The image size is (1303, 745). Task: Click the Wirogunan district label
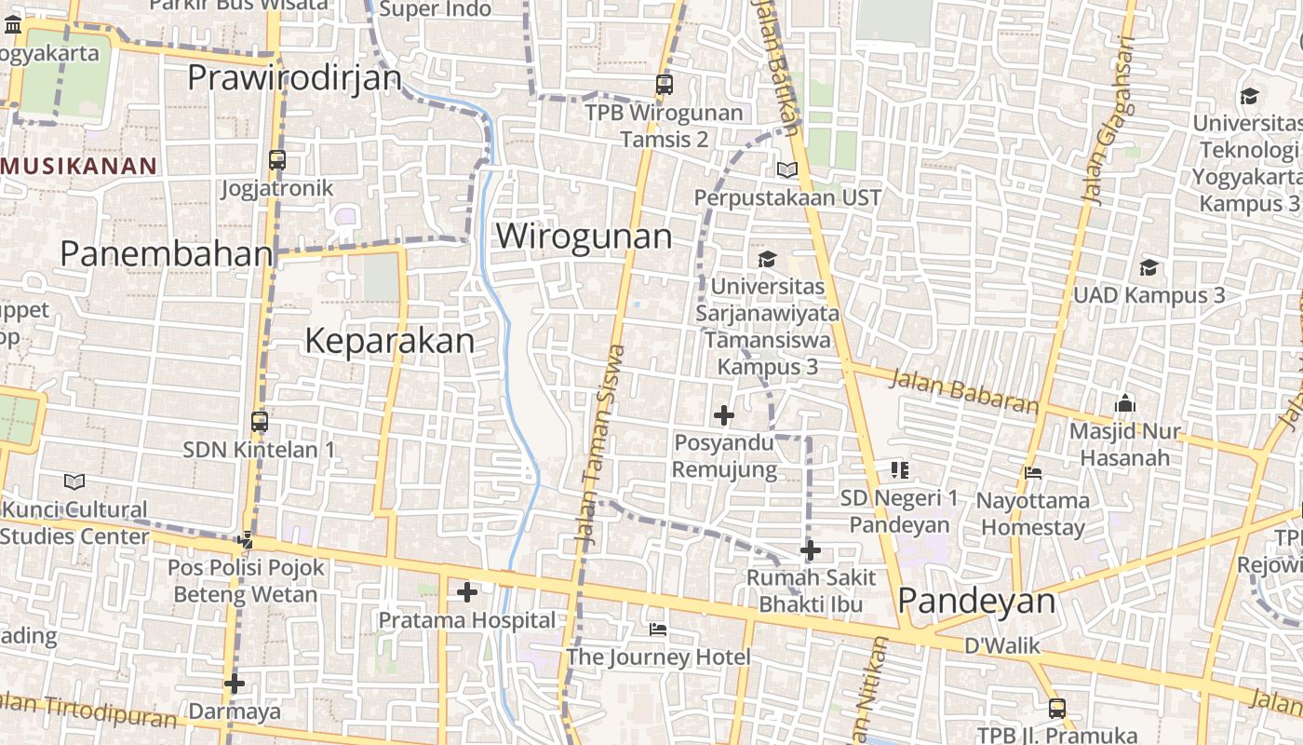pyautogui.click(x=584, y=237)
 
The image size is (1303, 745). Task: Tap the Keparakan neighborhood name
pyautogui.click(x=390, y=342)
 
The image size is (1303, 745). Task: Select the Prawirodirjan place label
pyautogui.click(x=294, y=77)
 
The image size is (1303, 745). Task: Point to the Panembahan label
pyautogui.click(x=167, y=253)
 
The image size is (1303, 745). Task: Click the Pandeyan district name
pyautogui.click(x=976, y=602)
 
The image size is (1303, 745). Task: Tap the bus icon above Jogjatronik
pyautogui.click(x=277, y=159)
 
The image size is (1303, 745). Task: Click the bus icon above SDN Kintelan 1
pyautogui.click(x=260, y=422)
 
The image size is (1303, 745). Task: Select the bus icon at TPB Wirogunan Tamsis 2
pyautogui.click(x=665, y=85)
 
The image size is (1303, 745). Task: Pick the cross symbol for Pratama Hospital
pyautogui.click(x=467, y=592)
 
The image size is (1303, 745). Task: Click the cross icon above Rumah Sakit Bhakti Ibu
pyautogui.click(x=811, y=550)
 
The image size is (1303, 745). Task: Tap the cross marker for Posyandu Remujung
pyautogui.click(x=724, y=415)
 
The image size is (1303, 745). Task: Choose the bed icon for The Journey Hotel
pyautogui.click(x=658, y=630)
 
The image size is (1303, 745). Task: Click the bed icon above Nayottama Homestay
pyautogui.click(x=1033, y=473)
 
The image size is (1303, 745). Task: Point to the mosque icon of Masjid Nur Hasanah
pyautogui.click(x=1125, y=404)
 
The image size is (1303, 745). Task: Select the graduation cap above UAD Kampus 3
pyautogui.click(x=1149, y=268)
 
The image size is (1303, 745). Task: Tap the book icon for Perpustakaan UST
pyautogui.click(x=787, y=170)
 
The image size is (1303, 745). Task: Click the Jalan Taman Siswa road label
pyautogui.click(x=598, y=445)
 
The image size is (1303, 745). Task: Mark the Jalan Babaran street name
pyautogui.click(x=963, y=391)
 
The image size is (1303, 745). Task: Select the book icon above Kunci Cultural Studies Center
pyautogui.click(x=74, y=482)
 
